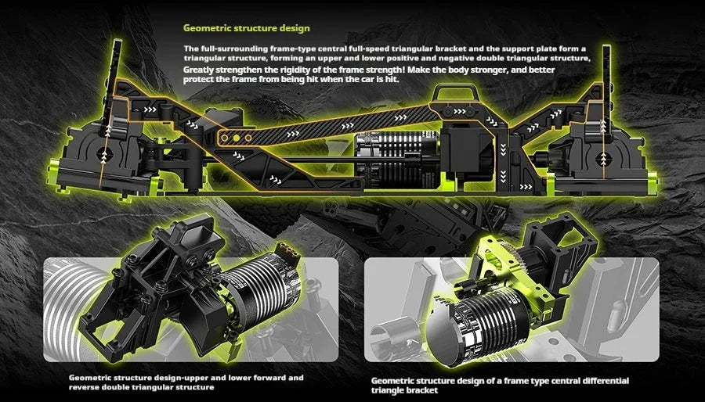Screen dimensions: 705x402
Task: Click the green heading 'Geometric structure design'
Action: point(247,28)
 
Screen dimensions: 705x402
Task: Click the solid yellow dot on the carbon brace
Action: point(236,138)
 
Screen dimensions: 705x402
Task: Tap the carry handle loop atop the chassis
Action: point(454,92)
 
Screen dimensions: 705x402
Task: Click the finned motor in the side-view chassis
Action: point(390,160)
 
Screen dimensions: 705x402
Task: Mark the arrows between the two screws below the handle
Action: point(459,111)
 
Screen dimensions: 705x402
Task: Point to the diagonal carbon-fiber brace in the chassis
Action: point(328,127)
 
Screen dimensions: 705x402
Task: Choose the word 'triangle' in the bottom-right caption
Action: point(388,390)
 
